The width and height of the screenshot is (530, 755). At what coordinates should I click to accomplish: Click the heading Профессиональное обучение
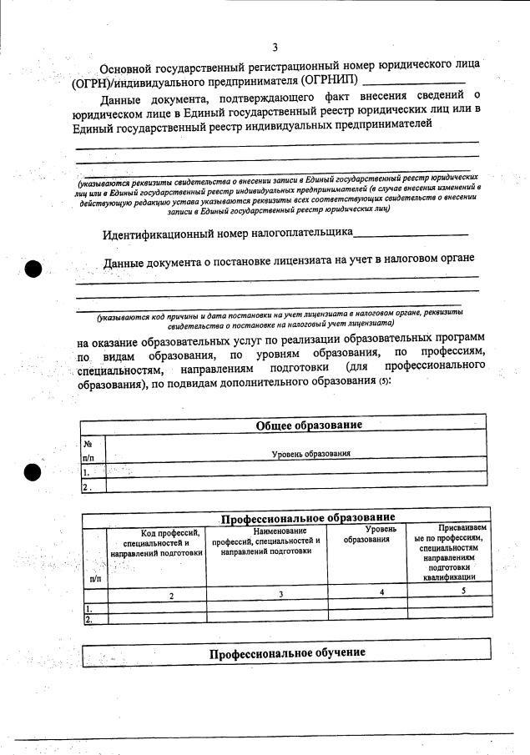pyautogui.click(x=287, y=652)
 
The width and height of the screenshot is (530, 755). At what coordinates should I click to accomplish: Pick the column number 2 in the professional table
pyautogui.click(x=170, y=595)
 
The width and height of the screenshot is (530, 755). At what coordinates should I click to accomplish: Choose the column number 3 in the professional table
pyautogui.click(x=281, y=594)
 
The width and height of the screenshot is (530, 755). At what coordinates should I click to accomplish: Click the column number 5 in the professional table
pyautogui.click(x=462, y=590)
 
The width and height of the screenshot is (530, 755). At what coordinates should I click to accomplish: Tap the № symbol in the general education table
pyautogui.click(x=87, y=444)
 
